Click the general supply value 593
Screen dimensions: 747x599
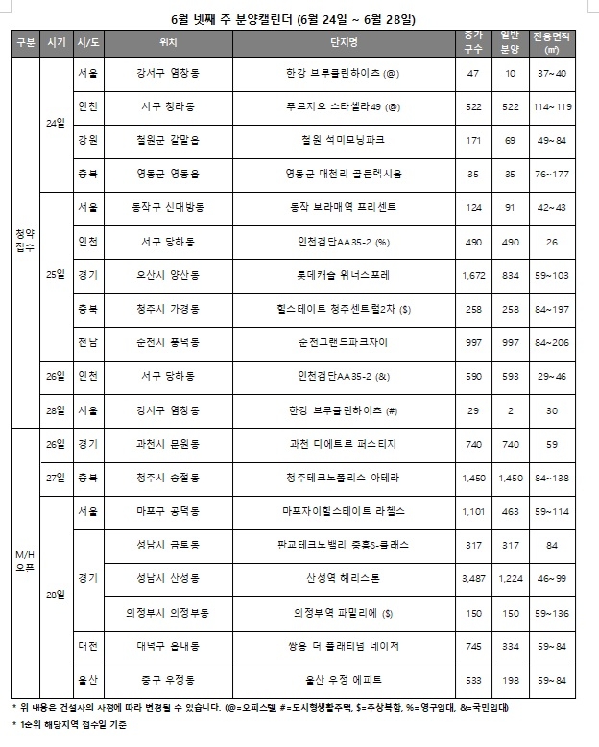coord(511,376)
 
